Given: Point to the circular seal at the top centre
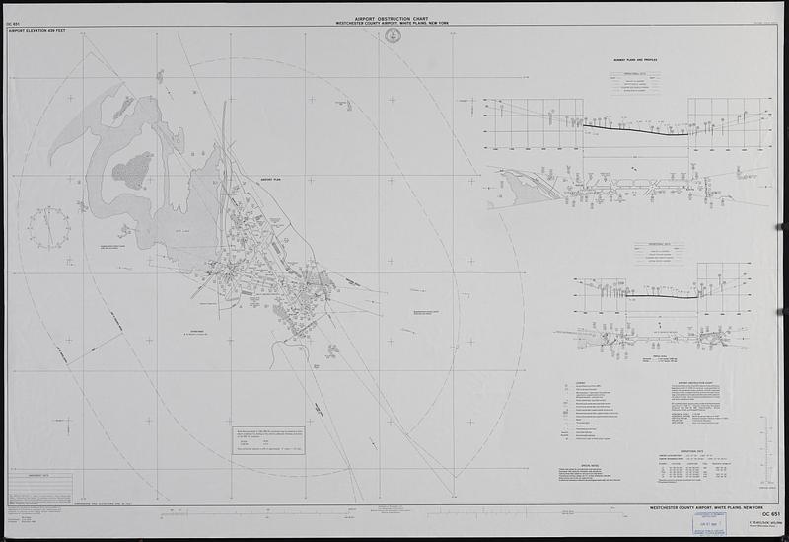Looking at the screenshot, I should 396,37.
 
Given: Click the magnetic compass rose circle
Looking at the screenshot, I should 48,226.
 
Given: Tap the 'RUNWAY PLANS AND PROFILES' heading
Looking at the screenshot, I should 630,60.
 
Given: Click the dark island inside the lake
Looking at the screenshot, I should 132,171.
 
